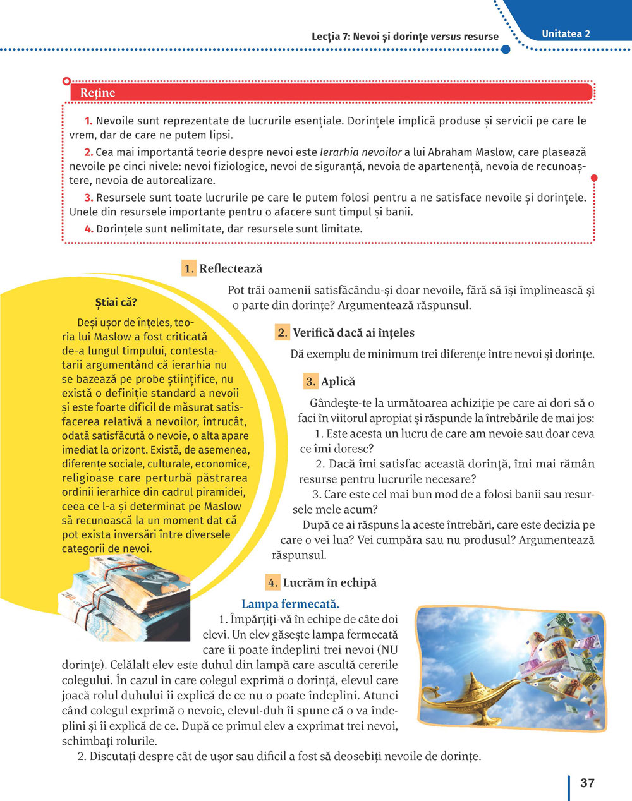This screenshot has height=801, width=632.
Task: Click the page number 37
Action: coord(587,783)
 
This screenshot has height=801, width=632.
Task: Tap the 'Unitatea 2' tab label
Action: coord(566,34)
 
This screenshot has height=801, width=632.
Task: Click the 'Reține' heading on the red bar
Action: coord(98,93)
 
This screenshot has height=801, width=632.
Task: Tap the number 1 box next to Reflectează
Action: coord(189,268)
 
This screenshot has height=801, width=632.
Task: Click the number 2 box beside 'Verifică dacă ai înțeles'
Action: coord(283,333)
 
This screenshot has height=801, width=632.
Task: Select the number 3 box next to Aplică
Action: coord(310,382)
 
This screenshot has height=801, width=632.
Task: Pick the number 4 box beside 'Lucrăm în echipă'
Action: coord(272,583)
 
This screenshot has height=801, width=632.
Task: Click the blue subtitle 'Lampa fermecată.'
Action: coord(290,604)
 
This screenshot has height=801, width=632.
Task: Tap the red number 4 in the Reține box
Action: coord(88,229)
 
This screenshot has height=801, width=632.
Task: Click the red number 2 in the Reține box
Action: coord(88,152)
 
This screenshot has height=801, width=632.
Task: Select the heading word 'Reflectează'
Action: coord(231,268)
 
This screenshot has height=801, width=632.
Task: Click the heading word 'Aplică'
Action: coord(338,382)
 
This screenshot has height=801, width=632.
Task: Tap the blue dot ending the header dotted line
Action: coord(505,49)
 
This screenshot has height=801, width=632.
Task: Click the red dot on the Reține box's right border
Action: coord(593,179)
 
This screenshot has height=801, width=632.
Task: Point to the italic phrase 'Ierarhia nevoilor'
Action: coord(361,152)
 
